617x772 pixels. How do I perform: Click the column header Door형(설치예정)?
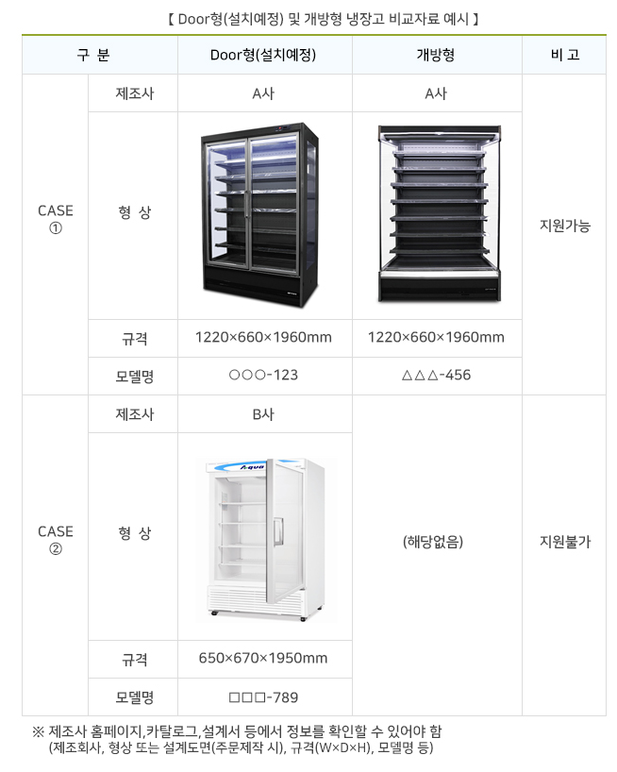(263, 55)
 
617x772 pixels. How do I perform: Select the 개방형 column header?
(436, 55)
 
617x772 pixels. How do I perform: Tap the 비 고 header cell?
(564, 55)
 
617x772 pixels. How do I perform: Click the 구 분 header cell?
(93, 55)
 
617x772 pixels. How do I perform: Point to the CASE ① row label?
(55, 220)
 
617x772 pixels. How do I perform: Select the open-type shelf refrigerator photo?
(437, 214)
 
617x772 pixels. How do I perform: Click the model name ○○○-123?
(263, 376)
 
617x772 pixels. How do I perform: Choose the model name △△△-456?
(436, 376)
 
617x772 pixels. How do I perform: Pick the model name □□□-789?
(263, 697)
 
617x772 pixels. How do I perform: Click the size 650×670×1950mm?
(263, 658)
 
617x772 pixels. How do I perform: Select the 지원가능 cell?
(564, 226)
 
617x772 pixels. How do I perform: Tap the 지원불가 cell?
(564, 542)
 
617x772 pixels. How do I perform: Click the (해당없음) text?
(436, 542)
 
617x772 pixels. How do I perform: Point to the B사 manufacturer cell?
(263, 413)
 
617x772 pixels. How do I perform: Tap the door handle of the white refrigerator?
(277, 530)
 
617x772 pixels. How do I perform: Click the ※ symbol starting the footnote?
(39, 731)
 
